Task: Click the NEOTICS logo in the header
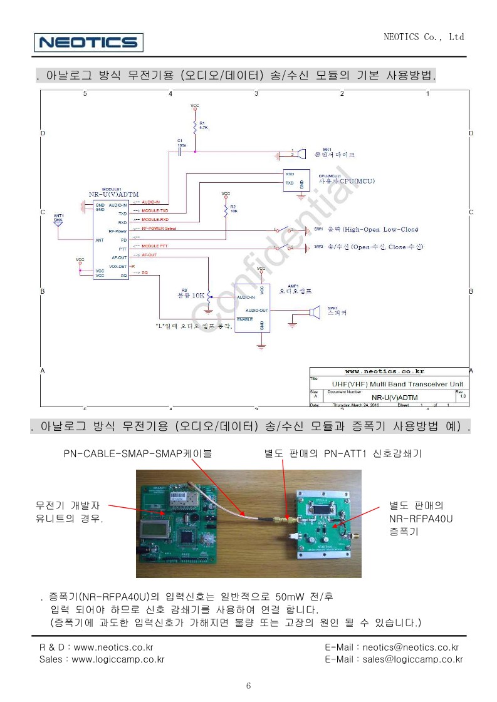tap(89, 43)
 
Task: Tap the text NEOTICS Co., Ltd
tap(424, 37)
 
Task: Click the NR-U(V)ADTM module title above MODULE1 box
tap(113, 194)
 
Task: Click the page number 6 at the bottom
tap(248, 686)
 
